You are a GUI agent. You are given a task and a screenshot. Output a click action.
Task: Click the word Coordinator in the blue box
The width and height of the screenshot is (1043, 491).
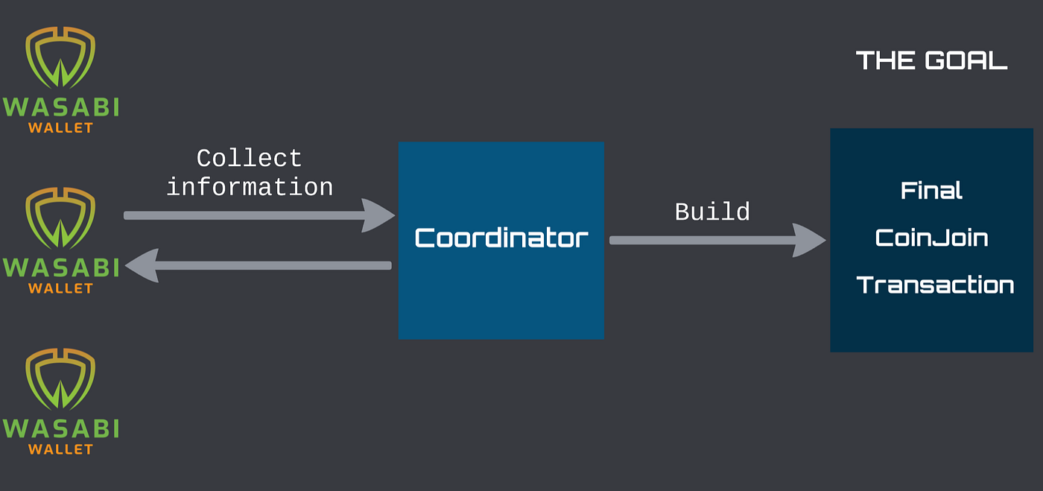click(501, 238)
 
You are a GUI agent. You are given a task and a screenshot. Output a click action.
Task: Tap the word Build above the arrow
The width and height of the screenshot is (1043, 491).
click(712, 212)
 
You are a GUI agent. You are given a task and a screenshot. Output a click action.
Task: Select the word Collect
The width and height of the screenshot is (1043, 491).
click(249, 158)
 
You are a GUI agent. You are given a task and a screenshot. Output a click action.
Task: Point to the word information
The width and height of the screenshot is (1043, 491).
click(250, 187)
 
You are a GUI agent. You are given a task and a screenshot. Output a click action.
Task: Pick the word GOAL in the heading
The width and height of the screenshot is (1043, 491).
click(966, 60)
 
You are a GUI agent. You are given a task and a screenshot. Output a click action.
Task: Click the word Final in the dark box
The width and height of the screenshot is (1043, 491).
click(931, 190)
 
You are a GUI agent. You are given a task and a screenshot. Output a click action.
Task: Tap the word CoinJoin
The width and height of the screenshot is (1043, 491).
click(931, 238)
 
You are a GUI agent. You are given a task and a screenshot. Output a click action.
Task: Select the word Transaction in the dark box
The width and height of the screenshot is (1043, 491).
click(935, 285)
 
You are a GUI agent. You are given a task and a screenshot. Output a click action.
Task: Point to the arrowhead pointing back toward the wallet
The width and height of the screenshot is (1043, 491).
click(142, 265)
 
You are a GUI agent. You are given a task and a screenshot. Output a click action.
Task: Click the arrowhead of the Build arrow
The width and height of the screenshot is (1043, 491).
click(809, 241)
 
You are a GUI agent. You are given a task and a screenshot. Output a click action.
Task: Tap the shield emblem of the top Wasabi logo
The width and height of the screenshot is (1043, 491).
click(60, 57)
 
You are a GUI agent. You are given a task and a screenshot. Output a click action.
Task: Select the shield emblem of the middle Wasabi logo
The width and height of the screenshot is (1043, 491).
click(60, 218)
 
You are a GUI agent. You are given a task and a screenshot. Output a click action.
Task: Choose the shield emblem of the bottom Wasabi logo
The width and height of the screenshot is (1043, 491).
click(60, 378)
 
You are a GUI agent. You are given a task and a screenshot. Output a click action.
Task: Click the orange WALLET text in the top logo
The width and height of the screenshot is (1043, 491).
click(60, 127)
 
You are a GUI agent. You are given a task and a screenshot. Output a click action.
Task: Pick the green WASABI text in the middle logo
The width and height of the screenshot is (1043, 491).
click(61, 268)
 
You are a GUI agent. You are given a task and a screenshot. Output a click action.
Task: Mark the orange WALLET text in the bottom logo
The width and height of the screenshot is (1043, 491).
click(60, 449)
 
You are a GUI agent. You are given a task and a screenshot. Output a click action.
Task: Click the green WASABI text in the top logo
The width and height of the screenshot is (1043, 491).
click(61, 107)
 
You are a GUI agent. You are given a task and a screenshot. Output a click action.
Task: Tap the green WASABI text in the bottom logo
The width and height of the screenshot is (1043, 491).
click(61, 428)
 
